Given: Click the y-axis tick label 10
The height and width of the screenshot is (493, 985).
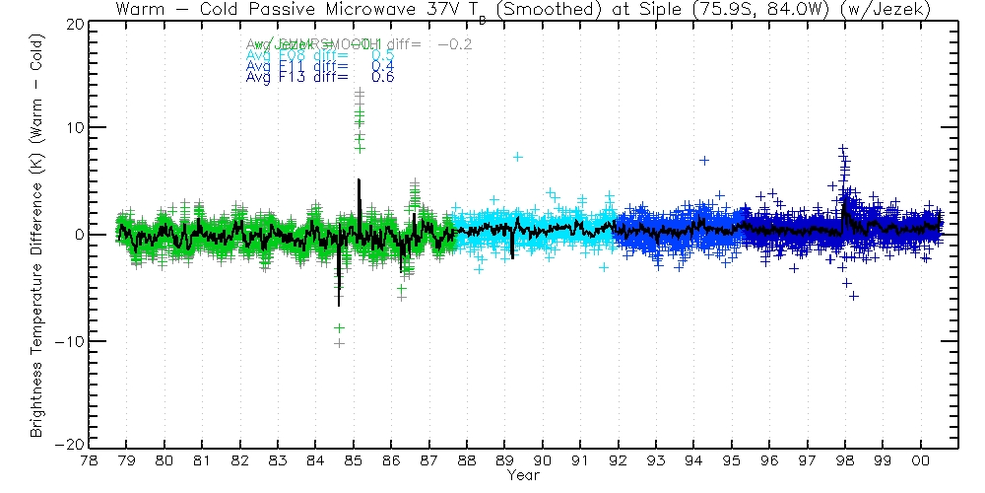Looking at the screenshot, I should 71,128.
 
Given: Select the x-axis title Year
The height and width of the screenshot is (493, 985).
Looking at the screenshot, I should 522,474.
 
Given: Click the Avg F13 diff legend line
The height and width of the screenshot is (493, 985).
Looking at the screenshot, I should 320,77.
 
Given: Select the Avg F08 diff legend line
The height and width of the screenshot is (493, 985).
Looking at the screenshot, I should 320,55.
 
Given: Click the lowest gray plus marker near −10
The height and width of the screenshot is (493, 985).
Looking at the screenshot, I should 339,343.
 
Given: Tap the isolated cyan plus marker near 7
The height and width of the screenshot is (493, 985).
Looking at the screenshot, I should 517,157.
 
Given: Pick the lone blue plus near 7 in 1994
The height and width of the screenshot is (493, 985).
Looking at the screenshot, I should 704,160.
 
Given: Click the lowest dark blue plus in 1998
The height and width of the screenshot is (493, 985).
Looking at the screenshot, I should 854,296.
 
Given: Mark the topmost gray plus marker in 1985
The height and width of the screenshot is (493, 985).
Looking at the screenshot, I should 360,92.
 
